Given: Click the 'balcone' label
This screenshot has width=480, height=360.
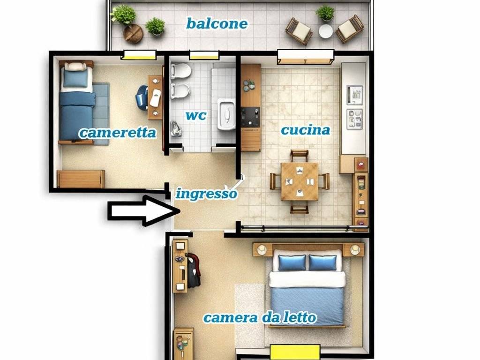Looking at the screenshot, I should [217, 23].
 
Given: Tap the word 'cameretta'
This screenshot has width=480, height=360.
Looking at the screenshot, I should [117, 133].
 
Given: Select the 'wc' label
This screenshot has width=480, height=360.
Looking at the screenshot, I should [195, 115].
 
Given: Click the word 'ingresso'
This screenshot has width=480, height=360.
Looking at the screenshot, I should [206, 193].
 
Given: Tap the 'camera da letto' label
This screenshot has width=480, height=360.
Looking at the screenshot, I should [259, 317].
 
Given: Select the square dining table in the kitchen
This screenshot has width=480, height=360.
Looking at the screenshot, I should [300, 181].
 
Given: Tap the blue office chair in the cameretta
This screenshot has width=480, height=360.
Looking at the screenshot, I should [142, 97].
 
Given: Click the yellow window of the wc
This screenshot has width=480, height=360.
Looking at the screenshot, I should [204, 56].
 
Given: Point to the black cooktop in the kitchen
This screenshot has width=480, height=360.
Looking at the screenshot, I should [250, 117].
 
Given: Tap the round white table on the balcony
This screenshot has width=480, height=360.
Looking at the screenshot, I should [326, 31].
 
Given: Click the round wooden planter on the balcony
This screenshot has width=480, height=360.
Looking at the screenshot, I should [133, 34].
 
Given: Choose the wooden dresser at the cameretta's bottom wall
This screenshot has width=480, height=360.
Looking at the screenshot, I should [81, 179].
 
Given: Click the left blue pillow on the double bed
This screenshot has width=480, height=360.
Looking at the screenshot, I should [292, 262].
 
